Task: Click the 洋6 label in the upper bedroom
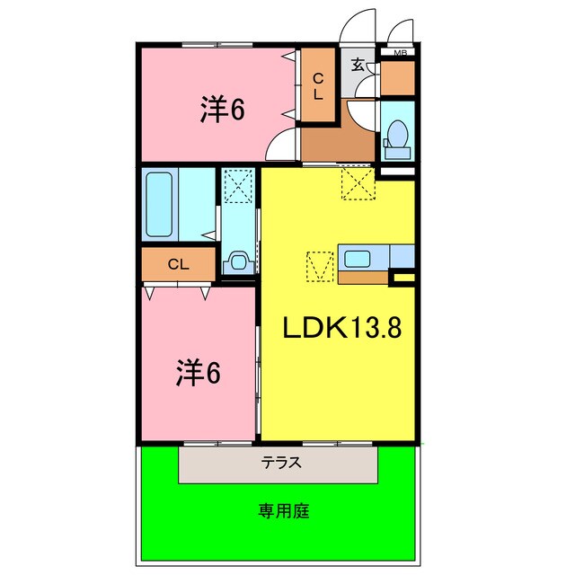[223, 110]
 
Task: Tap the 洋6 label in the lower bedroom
[198, 371]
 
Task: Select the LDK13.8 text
[341, 329]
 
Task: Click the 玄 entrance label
[358, 64]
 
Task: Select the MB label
[400, 53]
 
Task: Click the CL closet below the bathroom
[178, 264]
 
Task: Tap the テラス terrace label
[280, 464]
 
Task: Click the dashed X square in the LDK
[357, 186]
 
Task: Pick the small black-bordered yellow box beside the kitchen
[402, 279]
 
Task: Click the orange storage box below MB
[397, 80]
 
